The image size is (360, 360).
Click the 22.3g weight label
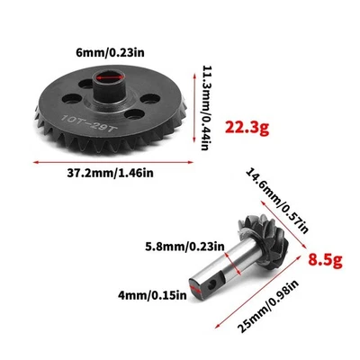(x=248, y=126)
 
